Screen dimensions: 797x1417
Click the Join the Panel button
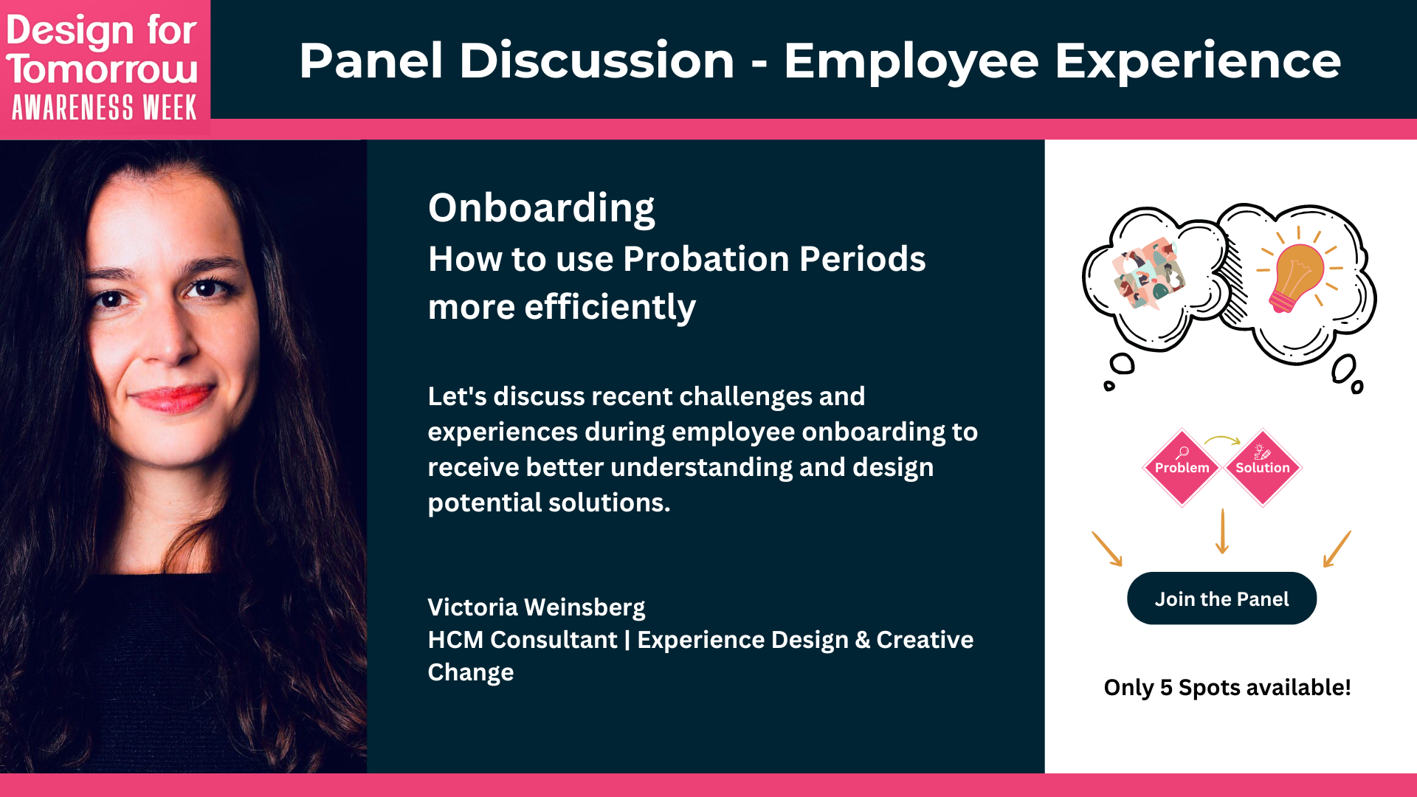click(1221, 598)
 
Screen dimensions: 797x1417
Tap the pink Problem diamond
click(1182, 468)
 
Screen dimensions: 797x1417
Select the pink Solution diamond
click(1262, 468)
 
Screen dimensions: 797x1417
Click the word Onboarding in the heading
click(541, 208)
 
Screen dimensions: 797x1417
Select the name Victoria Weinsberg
click(536, 607)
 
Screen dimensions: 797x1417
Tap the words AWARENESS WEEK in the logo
click(104, 108)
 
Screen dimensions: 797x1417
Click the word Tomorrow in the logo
click(103, 69)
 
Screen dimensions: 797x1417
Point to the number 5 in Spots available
click(1165, 688)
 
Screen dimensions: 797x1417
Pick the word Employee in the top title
click(911, 61)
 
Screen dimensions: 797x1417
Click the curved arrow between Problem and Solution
click(1222, 441)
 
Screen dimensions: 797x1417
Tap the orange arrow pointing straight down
click(1222, 531)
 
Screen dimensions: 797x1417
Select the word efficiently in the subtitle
click(610, 307)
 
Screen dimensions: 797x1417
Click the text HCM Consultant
click(522, 640)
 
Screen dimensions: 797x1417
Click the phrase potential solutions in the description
click(548, 503)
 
